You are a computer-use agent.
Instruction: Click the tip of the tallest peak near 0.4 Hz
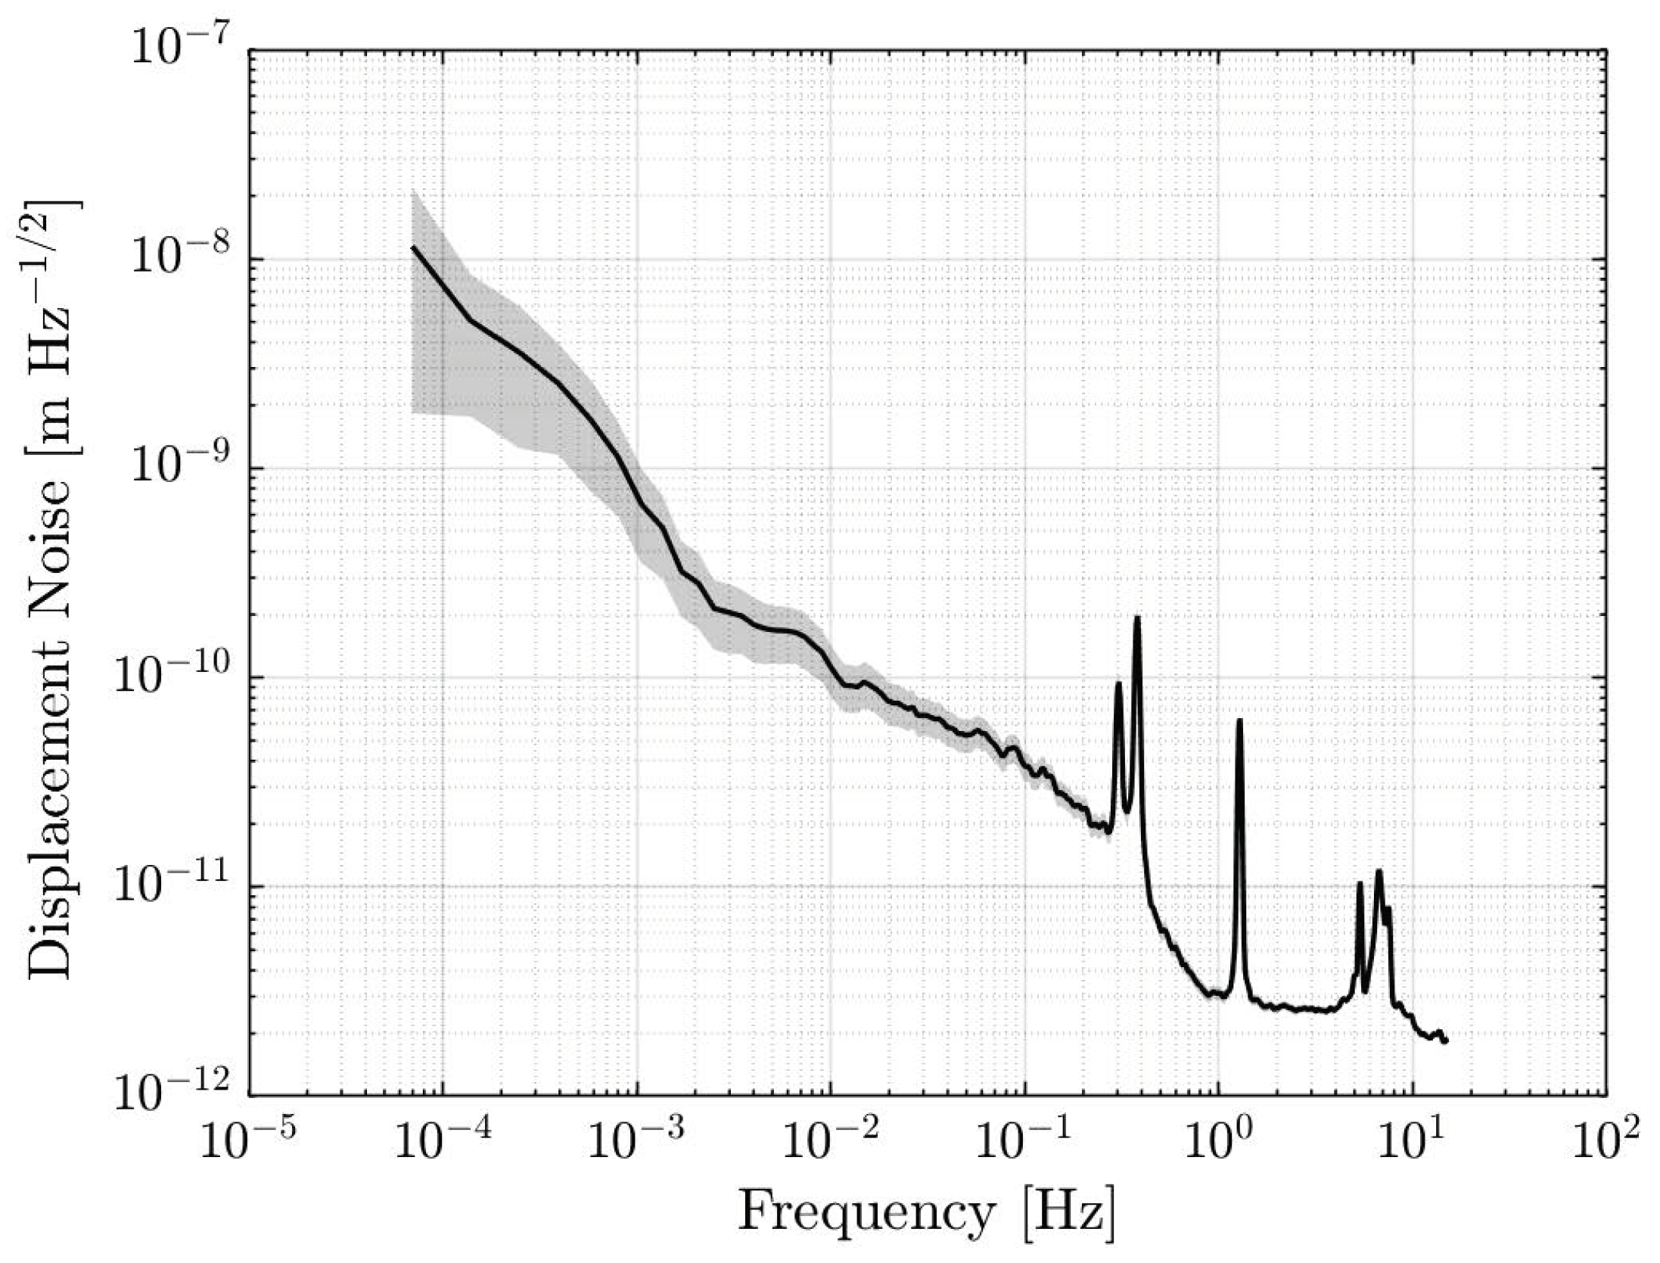(1136, 618)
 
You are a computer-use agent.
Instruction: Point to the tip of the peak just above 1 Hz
(1239, 720)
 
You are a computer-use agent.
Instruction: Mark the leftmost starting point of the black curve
(413, 247)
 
